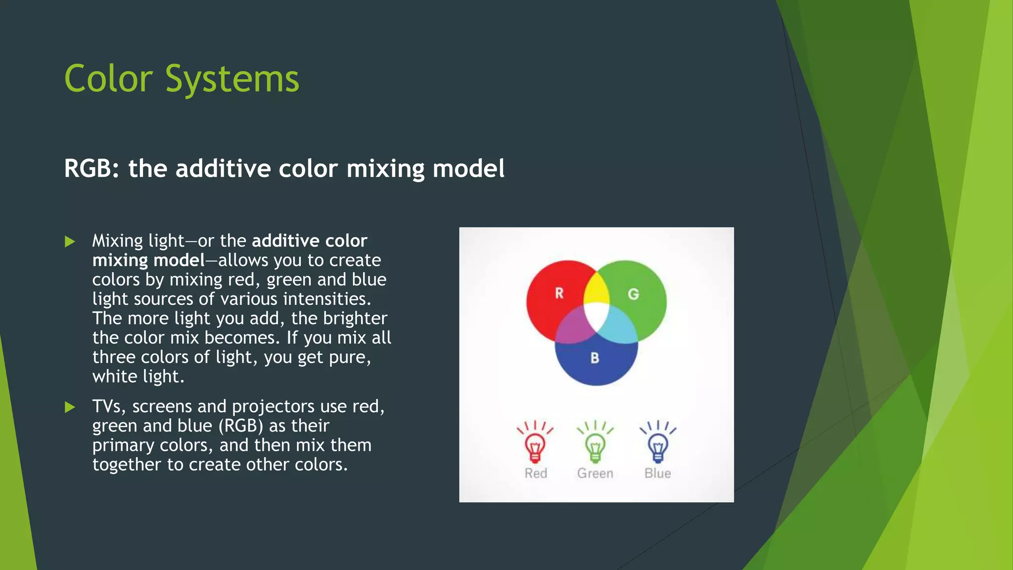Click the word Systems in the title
pyautogui.click(x=232, y=79)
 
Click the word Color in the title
pyautogui.click(x=108, y=79)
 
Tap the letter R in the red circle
pyautogui.click(x=559, y=293)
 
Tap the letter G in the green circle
pyautogui.click(x=633, y=294)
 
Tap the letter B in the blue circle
pyautogui.click(x=595, y=358)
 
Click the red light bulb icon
pyautogui.click(x=535, y=445)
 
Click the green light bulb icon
pyautogui.click(x=595, y=445)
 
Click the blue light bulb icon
pyautogui.click(x=657, y=445)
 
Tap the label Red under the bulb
pyautogui.click(x=536, y=474)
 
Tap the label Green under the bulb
pyautogui.click(x=595, y=474)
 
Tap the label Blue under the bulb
pyautogui.click(x=657, y=474)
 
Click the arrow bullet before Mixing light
pyautogui.click(x=70, y=241)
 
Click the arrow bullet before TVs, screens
pyautogui.click(x=70, y=407)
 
